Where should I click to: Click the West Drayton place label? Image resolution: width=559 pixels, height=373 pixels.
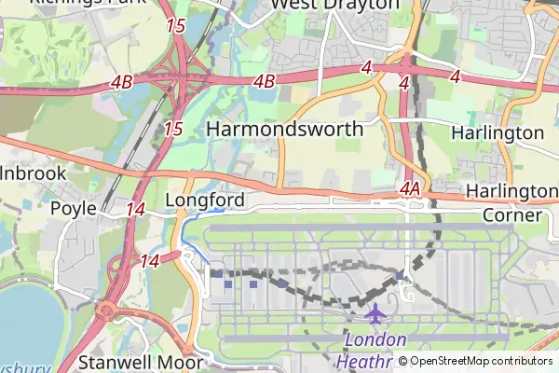click(x=334, y=6)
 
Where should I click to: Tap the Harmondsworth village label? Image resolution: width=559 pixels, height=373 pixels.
click(x=284, y=129)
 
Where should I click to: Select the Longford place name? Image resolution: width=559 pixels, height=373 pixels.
click(x=204, y=200)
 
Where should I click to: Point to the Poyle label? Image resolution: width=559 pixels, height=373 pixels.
click(x=74, y=208)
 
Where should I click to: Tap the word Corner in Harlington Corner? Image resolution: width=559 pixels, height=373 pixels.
click(x=511, y=215)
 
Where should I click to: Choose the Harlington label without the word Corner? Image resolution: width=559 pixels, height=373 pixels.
click(x=497, y=133)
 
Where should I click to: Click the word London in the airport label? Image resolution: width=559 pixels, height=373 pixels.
click(x=375, y=339)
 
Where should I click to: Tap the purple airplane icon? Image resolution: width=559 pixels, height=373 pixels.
click(x=375, y=313)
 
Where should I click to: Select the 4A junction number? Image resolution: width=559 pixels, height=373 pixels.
click(x=411, y=189)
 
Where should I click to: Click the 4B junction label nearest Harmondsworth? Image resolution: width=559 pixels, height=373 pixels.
click(x=264, y=82)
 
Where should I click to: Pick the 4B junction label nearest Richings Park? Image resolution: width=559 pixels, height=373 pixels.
click(x=121, y=82)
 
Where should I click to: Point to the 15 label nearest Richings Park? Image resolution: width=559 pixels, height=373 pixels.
click(x=175, y=26)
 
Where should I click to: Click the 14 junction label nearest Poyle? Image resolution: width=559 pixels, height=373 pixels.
click(x=136, y=209)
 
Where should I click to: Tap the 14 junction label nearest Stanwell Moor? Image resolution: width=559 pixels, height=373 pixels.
click(x=150, y=262)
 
